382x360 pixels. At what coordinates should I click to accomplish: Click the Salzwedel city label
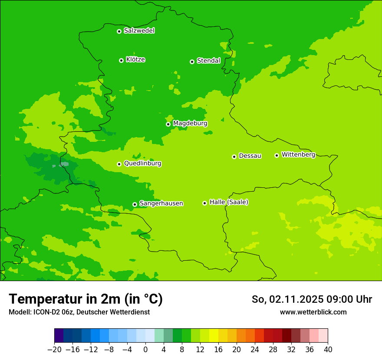pos(139,31)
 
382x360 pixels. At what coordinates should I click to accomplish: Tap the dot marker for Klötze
pos(121,60)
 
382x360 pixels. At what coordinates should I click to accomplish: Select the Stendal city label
pos(208,61)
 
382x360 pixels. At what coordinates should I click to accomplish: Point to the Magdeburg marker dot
pos(168,124)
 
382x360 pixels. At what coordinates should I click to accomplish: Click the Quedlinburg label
pos(142,164)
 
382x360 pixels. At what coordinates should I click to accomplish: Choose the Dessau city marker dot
pos(234,157)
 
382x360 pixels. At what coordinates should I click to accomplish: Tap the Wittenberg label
pos(298,154)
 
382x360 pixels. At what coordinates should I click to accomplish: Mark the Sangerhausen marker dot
pos(135,204)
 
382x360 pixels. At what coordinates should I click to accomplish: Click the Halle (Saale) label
pos(229,202)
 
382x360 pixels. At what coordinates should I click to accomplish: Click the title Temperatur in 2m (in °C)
pos(86,299)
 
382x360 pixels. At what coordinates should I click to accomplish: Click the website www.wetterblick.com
pos(313,312)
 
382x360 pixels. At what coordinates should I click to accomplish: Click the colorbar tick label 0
pos(145,350)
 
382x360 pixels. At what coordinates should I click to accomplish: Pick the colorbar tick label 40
pos(328,350)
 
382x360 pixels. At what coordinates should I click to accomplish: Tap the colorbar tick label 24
pos(255,350)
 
